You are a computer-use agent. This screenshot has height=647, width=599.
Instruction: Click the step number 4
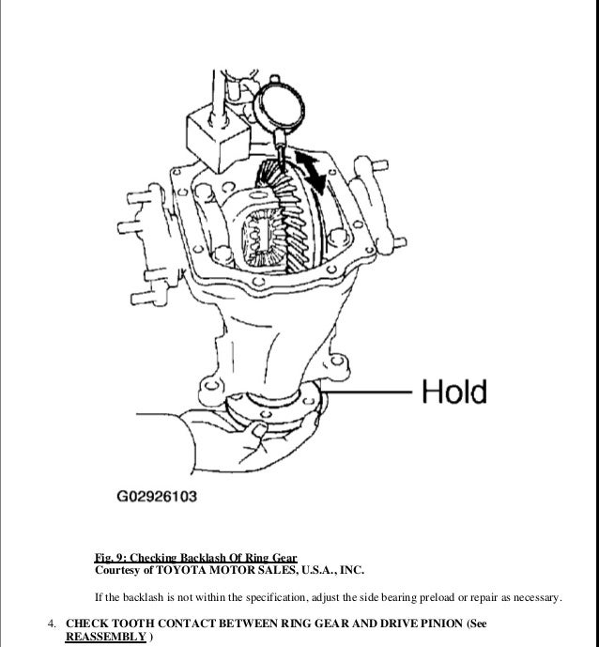point(52,624)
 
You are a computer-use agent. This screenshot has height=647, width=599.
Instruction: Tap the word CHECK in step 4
point(88,624)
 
